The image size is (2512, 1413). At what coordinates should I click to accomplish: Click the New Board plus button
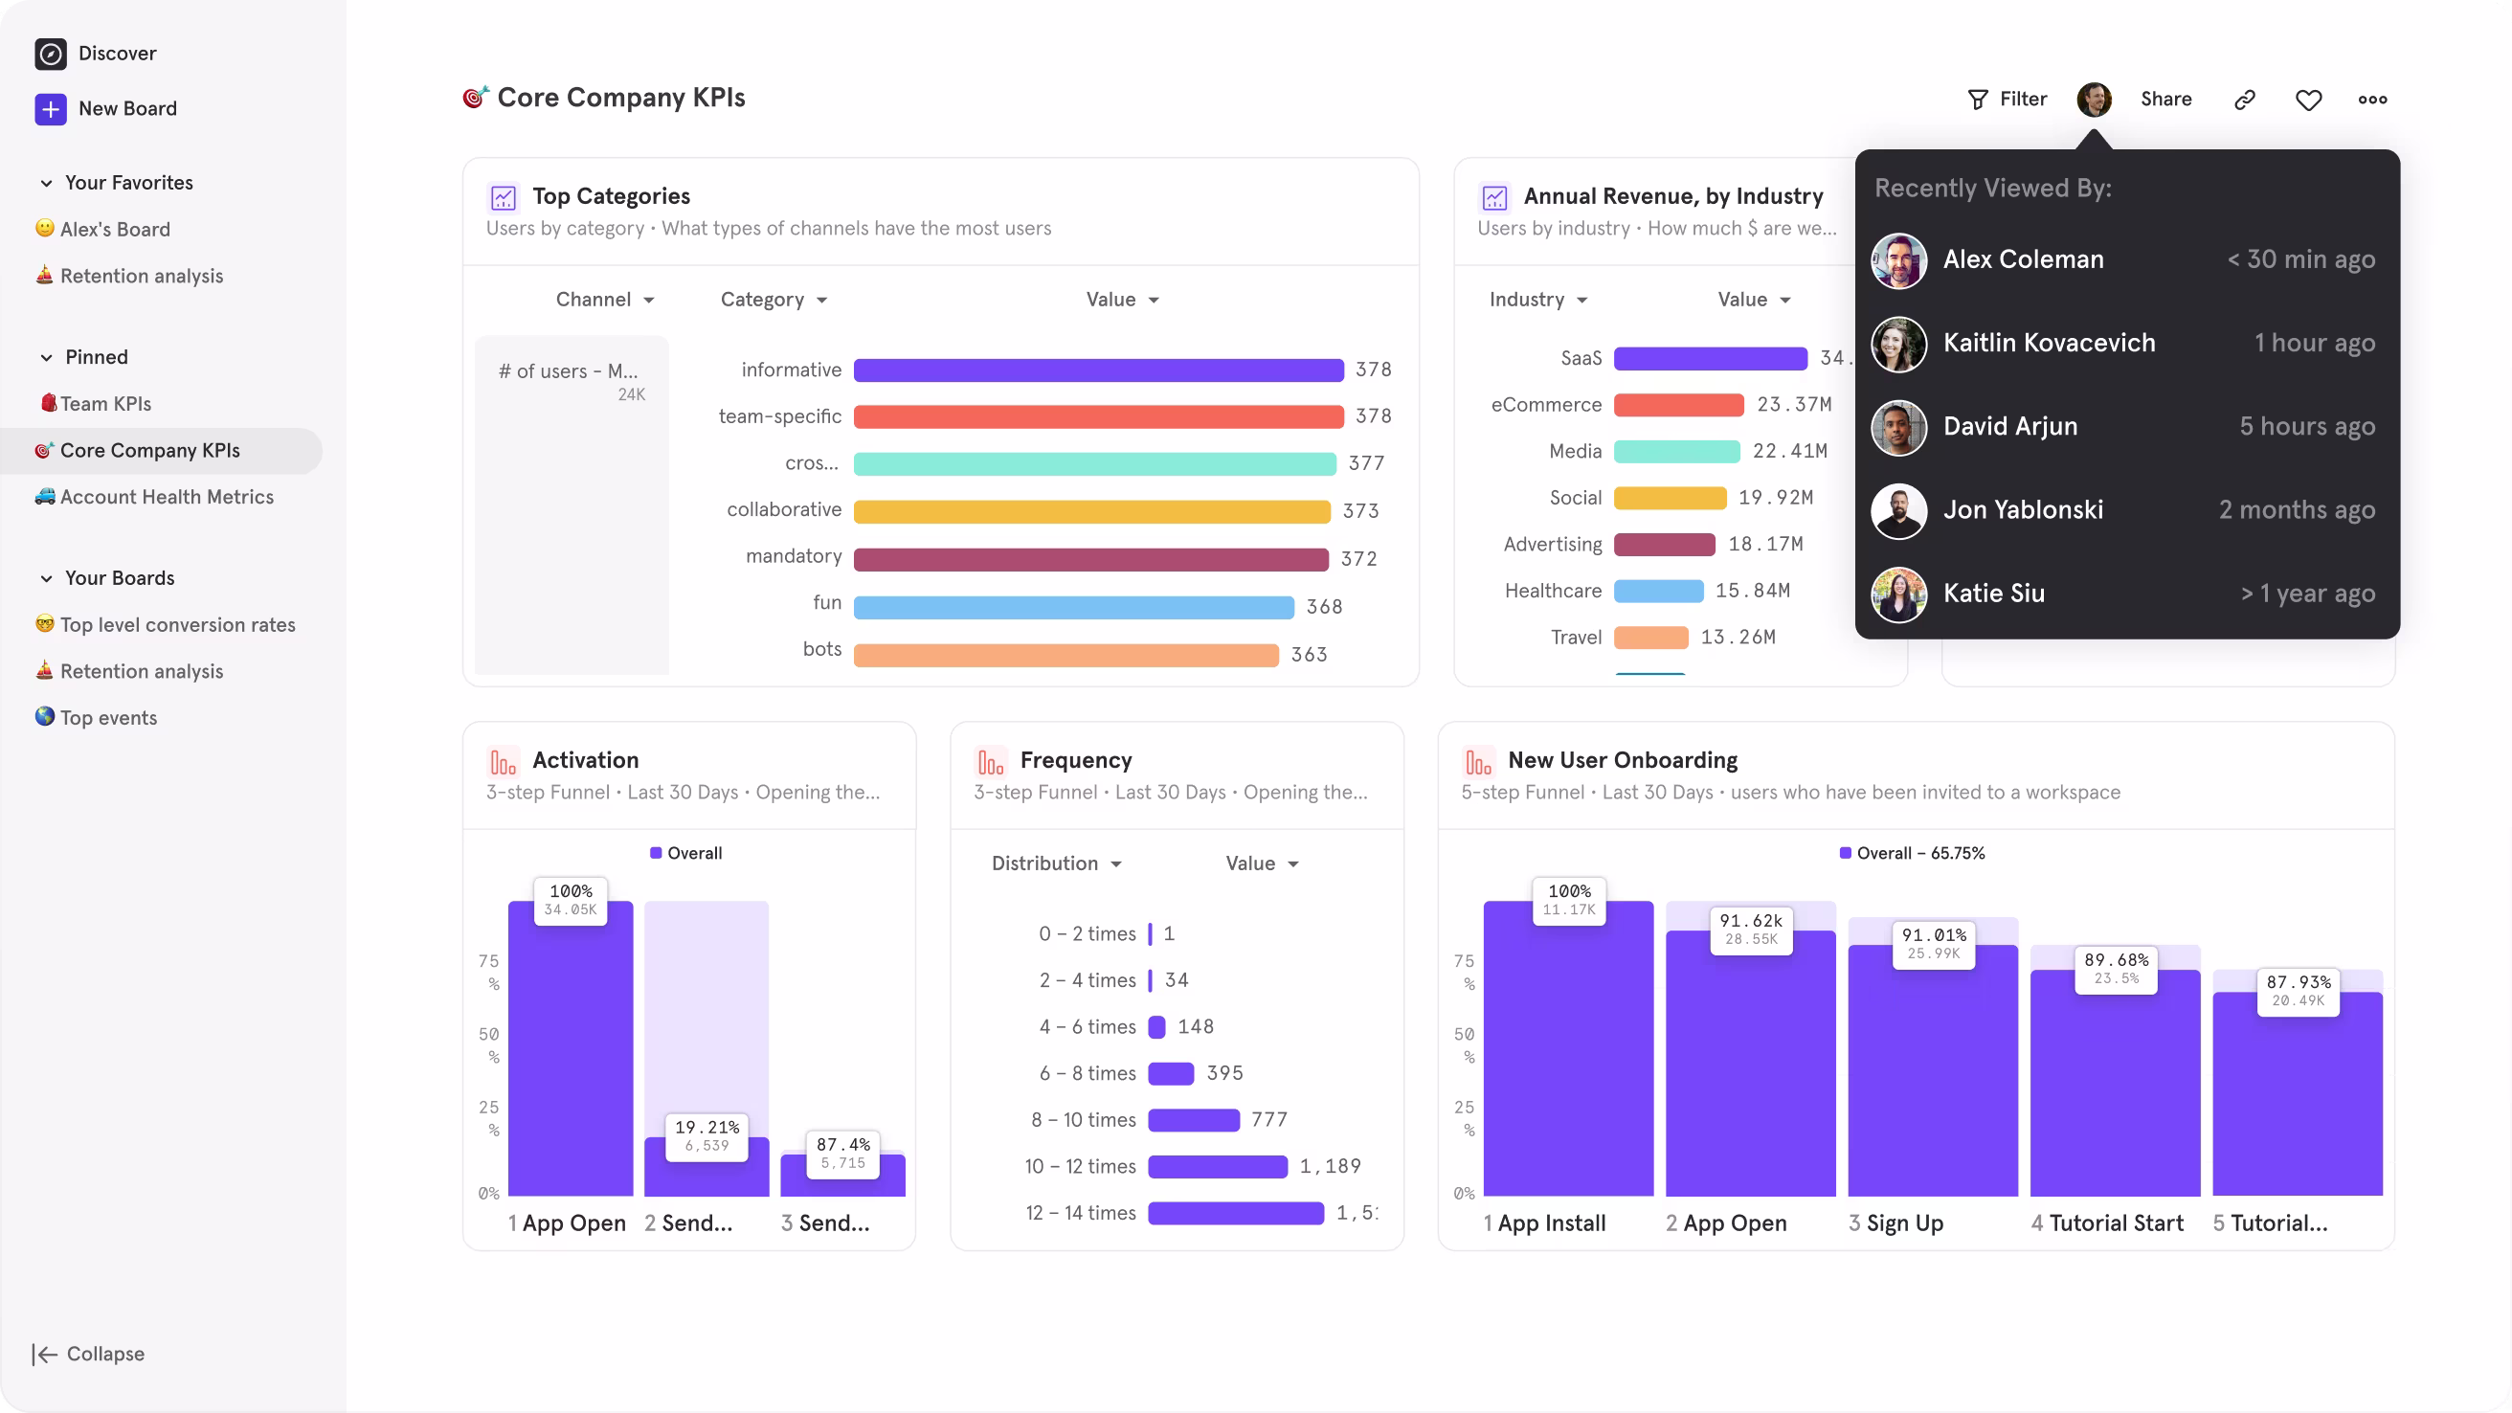[51, 108]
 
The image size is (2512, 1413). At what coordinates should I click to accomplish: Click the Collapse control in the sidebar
[89, 1354]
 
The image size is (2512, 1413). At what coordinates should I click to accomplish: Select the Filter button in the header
[2007, 99]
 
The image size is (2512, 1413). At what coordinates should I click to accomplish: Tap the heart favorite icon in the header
[2308, 100]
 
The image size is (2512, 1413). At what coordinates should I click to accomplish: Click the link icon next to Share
[2245, 100]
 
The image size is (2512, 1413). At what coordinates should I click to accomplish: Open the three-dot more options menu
[2371, 100]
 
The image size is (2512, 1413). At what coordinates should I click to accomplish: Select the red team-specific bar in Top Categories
[1098, 416]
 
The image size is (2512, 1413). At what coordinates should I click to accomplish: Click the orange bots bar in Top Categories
[1065, 655]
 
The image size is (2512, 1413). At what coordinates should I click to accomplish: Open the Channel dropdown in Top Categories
[605, 300]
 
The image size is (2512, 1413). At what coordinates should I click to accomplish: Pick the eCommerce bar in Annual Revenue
[1677, 405]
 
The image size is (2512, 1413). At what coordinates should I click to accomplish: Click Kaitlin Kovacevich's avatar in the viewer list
[1897, 344]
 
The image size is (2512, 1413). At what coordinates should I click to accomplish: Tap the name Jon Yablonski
[2023, 510]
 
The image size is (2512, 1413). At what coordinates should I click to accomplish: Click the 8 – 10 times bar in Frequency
[1193, 1119]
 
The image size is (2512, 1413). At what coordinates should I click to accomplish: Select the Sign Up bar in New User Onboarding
[1932, 1072]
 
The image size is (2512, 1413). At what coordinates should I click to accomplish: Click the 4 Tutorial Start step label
[2106, 1222]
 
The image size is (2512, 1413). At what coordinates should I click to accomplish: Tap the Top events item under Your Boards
[107, 718]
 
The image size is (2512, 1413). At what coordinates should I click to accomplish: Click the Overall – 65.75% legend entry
[1912, 853]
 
